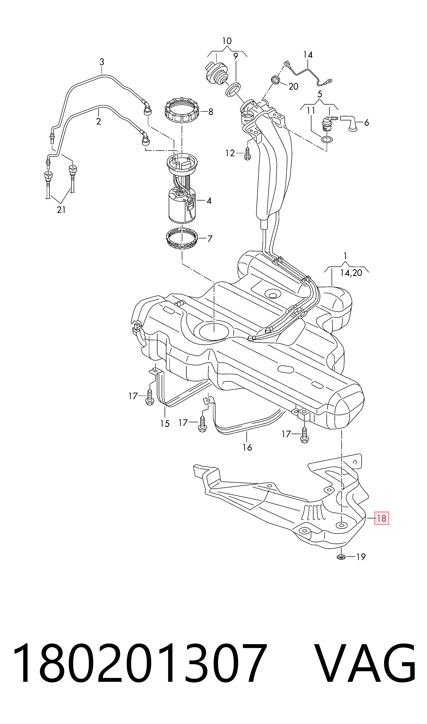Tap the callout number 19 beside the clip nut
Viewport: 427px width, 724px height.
[x=360, y=557]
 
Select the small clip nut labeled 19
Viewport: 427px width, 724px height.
[x=341, y=557]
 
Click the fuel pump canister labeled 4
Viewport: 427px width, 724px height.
[x=182, y=205]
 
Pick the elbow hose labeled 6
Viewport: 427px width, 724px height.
[x=348, y=123]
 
